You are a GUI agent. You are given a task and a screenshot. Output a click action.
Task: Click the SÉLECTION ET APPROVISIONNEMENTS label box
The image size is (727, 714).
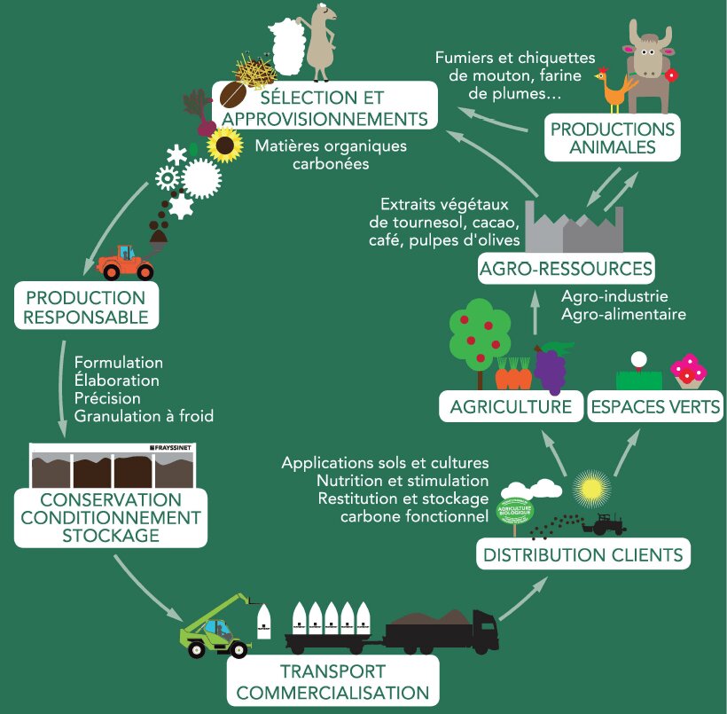coord(325,106)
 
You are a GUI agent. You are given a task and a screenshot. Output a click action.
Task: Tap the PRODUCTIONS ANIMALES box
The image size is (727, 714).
coord(613,137)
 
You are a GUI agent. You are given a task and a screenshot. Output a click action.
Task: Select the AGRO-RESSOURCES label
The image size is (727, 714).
coord(566,268)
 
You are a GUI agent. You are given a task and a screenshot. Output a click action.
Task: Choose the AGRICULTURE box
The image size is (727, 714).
coord(509,407)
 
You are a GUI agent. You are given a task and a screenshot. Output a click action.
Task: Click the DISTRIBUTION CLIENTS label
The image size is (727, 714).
coord(583,555)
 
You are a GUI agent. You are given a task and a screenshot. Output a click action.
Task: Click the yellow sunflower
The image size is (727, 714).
coord(225,144)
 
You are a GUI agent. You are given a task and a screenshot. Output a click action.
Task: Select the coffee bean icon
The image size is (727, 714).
coord(232,95)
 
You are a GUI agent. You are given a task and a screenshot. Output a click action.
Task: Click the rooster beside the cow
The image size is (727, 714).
coord(615,90)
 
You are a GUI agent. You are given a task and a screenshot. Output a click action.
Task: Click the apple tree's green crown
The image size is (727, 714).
coord(480,328)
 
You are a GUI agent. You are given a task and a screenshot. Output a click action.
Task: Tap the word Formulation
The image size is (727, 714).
coord(119,363)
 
